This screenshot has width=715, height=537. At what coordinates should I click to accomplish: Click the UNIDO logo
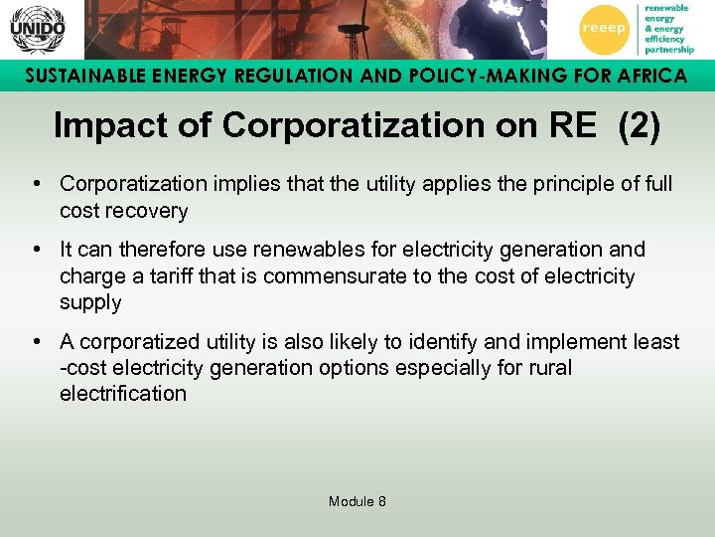(37, 30)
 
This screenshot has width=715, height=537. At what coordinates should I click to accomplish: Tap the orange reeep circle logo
(603, 29)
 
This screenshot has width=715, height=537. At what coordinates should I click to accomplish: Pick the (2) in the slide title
(639, 126)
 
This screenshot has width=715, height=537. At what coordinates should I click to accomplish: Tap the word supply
(90, 302)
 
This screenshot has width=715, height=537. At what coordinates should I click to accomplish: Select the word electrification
(123, 394)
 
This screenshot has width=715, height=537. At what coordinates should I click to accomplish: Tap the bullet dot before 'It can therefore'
(36, 250)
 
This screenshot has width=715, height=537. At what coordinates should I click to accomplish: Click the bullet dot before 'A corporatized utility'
(36, 342)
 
